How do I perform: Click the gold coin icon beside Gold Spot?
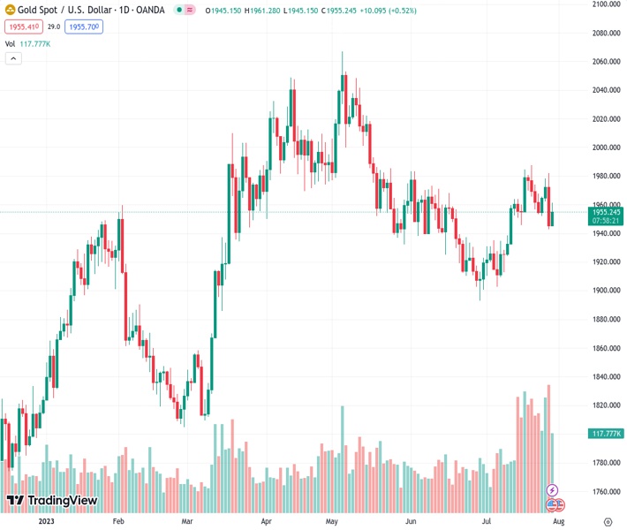point(11,11)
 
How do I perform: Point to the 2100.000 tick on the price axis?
point(607,4)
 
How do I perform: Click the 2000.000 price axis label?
point(607,148)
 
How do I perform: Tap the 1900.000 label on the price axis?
point(607,291)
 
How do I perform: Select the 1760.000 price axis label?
point(607,491)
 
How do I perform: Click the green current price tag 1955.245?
point(607,212)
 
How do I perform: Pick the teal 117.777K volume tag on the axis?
point(607,434)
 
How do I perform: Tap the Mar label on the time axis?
point(187,522)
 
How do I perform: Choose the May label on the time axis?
point(332,522)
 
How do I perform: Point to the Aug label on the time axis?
point(558,522)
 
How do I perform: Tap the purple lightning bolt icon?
point(553,489)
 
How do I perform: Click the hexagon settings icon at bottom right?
point(607,521)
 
